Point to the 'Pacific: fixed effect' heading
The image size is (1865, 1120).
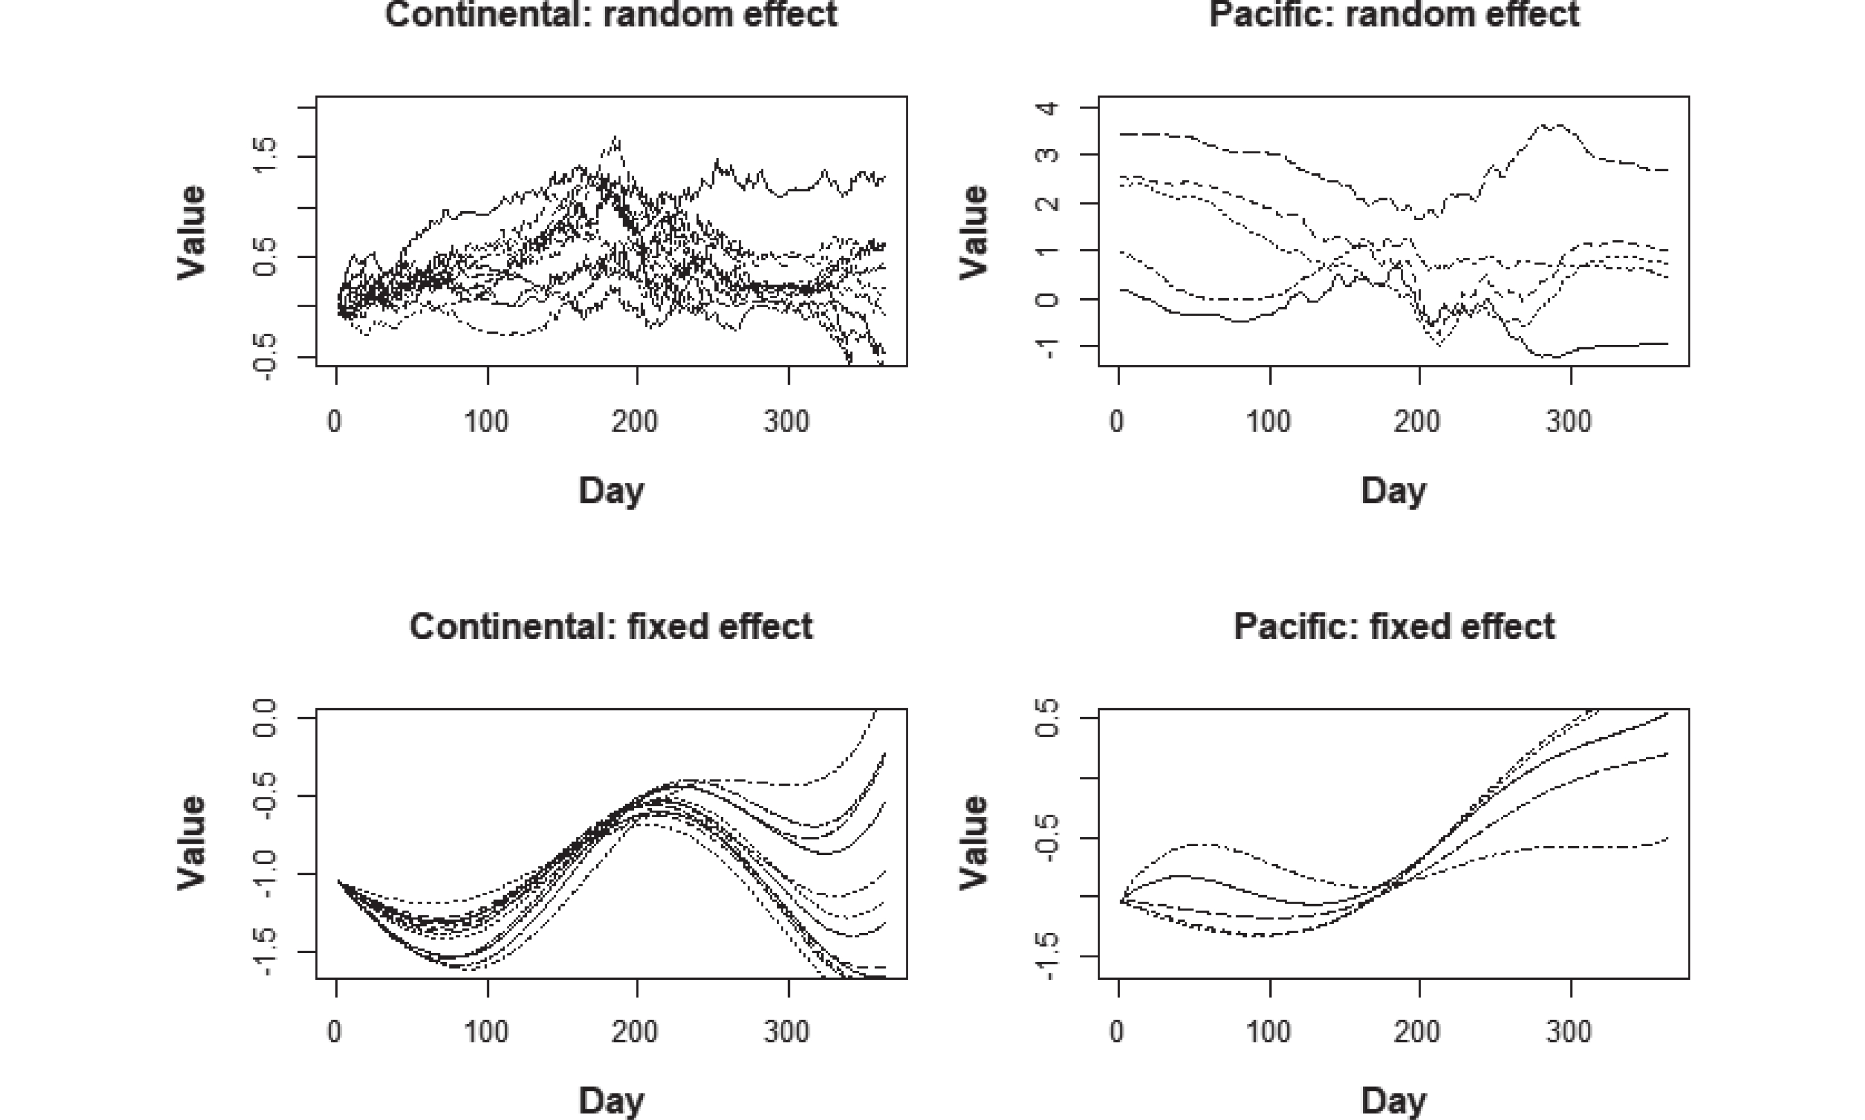1394,627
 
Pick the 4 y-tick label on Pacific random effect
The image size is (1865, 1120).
1047,108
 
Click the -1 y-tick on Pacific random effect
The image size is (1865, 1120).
1047,347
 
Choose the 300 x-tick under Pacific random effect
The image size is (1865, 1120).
1570,421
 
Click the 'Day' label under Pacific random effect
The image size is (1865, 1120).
1394,490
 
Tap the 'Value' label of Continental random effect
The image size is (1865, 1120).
192,232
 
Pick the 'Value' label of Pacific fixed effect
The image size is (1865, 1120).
974,843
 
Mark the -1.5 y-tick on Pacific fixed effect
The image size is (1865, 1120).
1047,957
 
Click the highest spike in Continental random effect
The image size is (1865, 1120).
617,137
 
